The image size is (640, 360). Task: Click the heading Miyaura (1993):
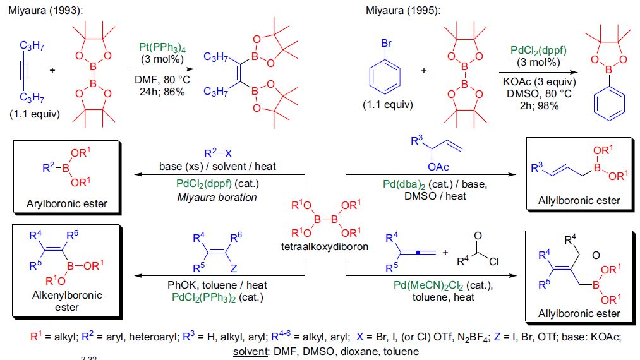(x=45, y=11)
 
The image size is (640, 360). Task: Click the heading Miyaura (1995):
(x=403, y=11)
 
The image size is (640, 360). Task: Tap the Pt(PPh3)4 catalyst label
(x=162, y=47)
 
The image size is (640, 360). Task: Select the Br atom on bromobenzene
(x=386, y=44)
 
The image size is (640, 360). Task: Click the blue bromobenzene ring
(x=385, y=77)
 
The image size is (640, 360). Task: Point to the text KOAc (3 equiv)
(x=539, y=82)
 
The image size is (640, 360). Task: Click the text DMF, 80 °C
(x=162, y=80)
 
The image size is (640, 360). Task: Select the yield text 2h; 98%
(x=539, y=105)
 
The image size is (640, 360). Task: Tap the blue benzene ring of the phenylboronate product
(x=609, y=104)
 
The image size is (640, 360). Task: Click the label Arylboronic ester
(x=67, y=203)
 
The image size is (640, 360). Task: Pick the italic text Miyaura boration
(x=217, y=198)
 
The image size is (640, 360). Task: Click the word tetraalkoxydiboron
(x=325, y=246)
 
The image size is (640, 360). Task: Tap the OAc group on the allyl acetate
(x=438, y=167)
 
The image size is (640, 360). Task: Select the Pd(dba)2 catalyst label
(x=404, y=184)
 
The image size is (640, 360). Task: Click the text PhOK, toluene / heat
(x=217, y=285)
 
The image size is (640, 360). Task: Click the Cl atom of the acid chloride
(x=493, y=261)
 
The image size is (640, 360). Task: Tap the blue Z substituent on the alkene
(x=234, y=268)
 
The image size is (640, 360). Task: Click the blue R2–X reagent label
(x=218, y=153)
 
